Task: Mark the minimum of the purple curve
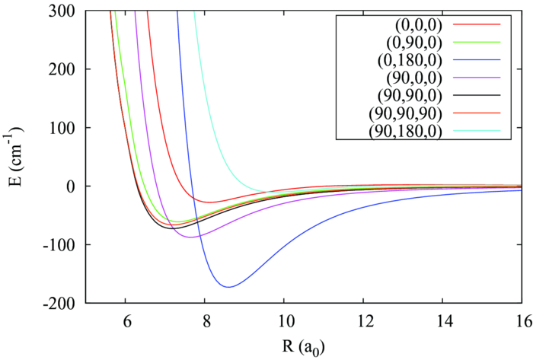pos(190,237)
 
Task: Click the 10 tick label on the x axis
pos(284,320)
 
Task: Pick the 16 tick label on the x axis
pos(522,320)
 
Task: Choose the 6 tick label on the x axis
pos(126,320)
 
